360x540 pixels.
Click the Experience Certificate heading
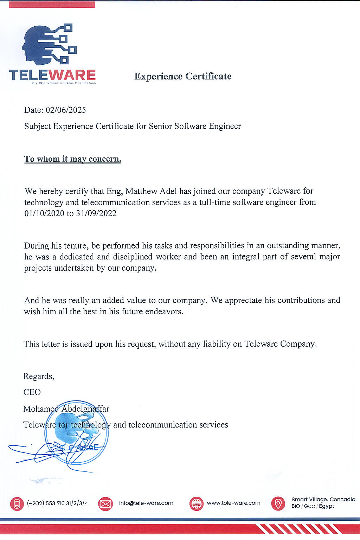coord(183,76)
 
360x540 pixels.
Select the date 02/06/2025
coord(66,110)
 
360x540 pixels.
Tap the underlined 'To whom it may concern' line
coord(73,159)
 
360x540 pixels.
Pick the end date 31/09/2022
coord(96,213)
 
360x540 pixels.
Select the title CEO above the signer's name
coord(32,392)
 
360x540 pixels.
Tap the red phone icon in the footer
coord(17,504)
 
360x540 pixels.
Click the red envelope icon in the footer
coord(105,504)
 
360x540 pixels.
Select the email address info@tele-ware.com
coord(146,503)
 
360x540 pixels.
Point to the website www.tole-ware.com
coord(233,503)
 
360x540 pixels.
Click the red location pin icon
coord(278,503)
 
